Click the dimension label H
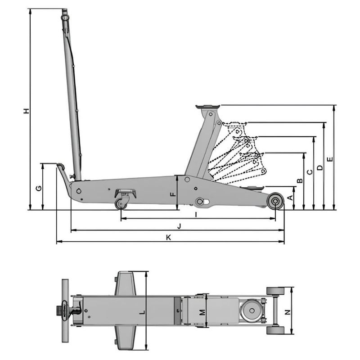click(x=27, y=111)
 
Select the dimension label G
click(x=39, y=188)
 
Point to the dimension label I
click(x=196, y=215)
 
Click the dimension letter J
click(x=179, y=226)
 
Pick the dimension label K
click(x=168, y=238)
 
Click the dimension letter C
click(x=310, y=172)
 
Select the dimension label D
click(x=320, y=167)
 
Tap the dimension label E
click(x=330, y=159)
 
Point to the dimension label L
click(x=142, y=311)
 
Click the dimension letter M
click(x=202, y=311)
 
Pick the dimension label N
click(x=288, y=311)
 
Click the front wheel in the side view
click(x=275, y=201)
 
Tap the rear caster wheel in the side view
click(x=121, y=204)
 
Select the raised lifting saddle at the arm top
click(x=207, y=107)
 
